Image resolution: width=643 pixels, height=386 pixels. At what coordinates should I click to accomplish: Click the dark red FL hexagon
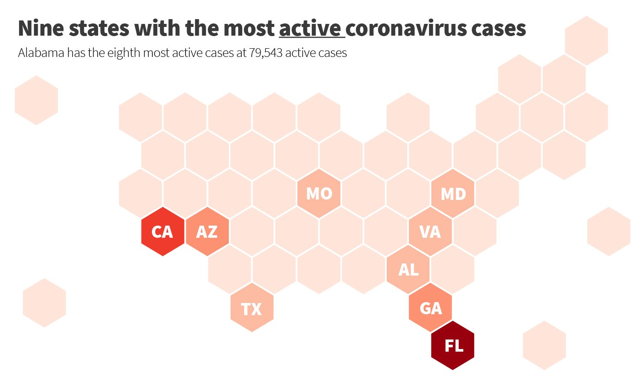[x=453, y=346]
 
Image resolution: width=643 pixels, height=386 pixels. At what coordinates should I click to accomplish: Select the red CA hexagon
[x=163, y=231]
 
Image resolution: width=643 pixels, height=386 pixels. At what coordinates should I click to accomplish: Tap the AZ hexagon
[x=207, y=231]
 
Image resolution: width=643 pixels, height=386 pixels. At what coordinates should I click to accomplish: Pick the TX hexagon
[x=252, y=308]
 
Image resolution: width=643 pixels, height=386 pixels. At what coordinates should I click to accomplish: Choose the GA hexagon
[x=431, y=308]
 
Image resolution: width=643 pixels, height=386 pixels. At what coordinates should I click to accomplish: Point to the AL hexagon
[x=408, y=270]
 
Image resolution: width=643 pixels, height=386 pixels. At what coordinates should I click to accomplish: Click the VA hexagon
[x=430, y=231]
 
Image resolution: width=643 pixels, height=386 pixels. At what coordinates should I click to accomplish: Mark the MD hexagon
[x=453, y=193]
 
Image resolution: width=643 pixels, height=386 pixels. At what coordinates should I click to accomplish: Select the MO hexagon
[x=319, y=193]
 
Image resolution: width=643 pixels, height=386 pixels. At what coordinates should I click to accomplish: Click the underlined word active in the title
[x=310, y=29]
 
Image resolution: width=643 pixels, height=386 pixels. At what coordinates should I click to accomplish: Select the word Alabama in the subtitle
[x=41, y=53]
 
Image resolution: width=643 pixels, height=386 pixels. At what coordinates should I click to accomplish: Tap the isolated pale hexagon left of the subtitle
[x=36, y=100]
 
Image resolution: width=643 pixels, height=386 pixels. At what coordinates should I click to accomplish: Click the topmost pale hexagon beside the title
[x=587, y=41]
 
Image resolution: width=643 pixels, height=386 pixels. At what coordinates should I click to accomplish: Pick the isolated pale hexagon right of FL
[x=544, y=346]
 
